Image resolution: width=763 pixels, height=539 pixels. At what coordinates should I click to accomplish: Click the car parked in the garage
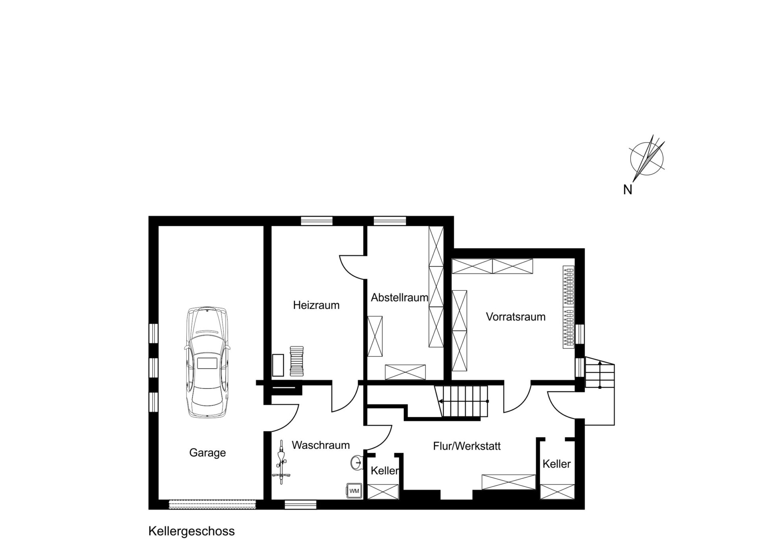[x=207, y=362]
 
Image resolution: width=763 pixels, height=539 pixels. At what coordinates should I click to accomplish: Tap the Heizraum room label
[x=316, y=305]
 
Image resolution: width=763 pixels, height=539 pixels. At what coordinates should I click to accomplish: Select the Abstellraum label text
[x=399, y=297]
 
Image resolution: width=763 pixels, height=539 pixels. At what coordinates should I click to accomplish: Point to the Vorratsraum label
[x=515, y=317]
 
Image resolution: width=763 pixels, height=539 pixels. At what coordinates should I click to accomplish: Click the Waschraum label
[x=321, y=445]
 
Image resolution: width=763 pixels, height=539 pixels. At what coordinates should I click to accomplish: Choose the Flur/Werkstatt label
[x=467, y=446]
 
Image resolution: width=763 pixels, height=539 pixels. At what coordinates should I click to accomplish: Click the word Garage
[x=207, y=452]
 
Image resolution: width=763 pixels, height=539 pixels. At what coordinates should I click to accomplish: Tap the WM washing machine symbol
[x=354, y=491]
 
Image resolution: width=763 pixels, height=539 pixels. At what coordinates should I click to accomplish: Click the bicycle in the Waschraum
[x=282, y=461]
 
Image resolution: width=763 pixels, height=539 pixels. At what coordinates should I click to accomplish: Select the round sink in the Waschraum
[x=356, y=462]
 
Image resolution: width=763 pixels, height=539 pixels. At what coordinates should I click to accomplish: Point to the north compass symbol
[x=647, y=159]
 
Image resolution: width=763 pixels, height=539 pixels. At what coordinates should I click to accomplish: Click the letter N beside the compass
[x=627, y=190]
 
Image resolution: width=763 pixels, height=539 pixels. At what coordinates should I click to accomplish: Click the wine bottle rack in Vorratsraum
[x=569, y=307]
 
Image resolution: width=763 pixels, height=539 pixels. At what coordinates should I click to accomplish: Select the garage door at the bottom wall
[x=212, y=504]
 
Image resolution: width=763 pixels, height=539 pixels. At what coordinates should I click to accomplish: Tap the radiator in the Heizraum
[x=296, y=361]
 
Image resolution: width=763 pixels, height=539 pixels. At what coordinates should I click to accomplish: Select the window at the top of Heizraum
[x=316, y=220]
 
